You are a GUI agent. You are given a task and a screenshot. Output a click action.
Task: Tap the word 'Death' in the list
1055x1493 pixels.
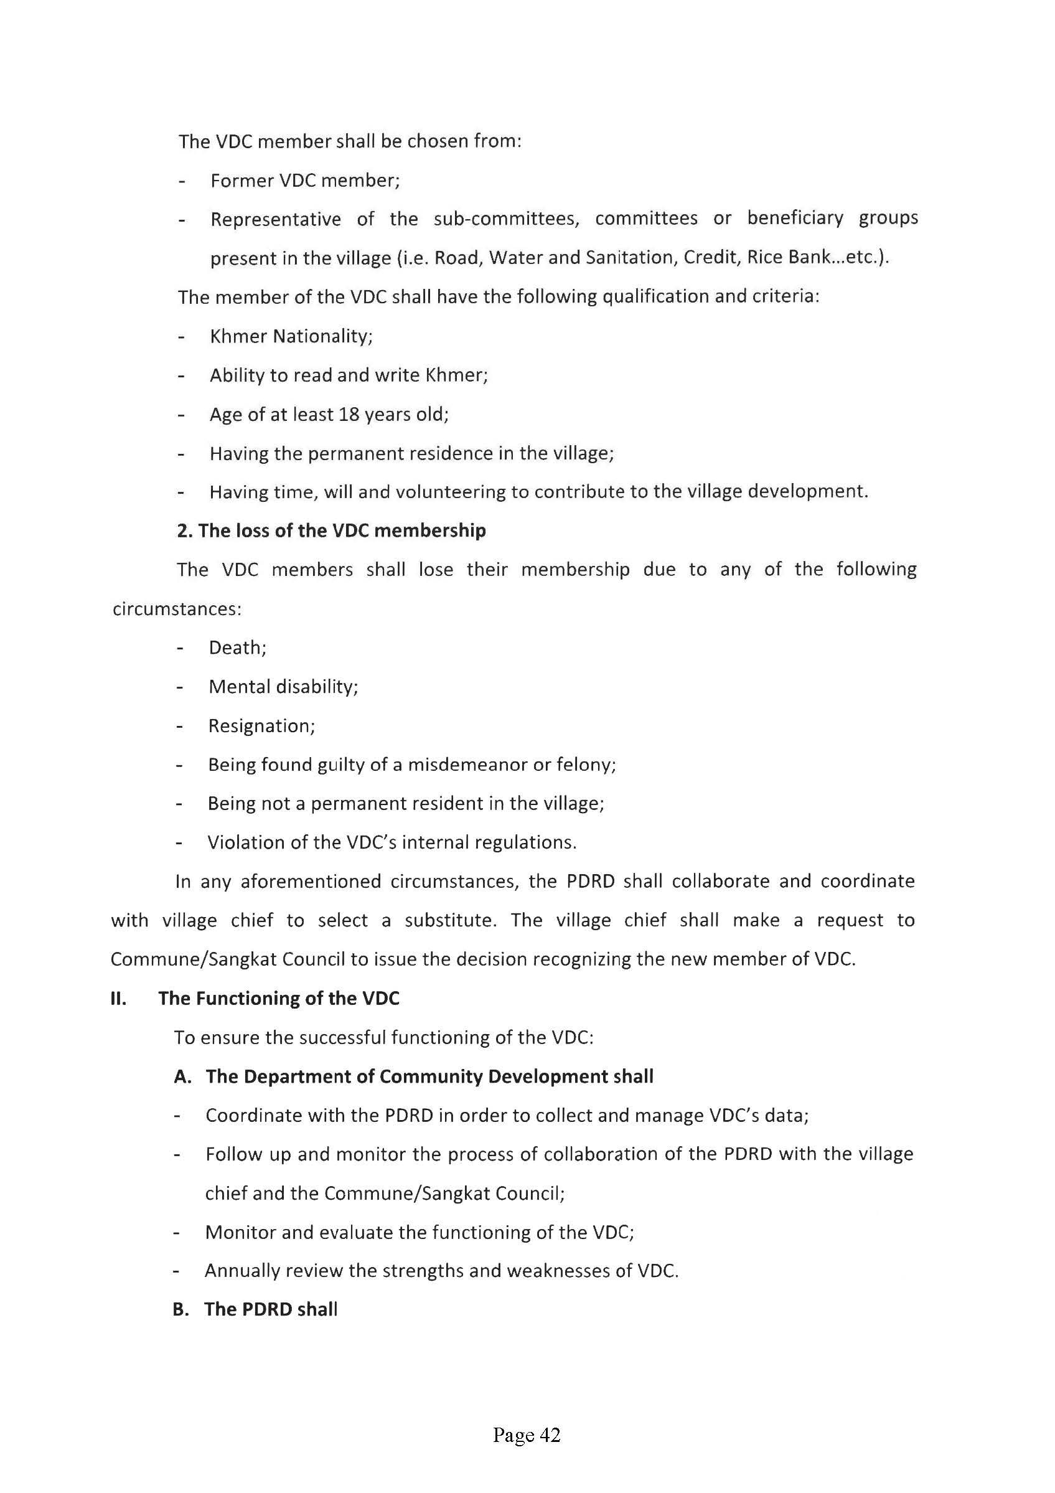(235, 648)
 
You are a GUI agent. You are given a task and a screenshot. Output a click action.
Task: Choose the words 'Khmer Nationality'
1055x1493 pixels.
(289, 336)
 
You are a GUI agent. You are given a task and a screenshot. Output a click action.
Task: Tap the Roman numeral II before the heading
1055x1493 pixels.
(118, 998)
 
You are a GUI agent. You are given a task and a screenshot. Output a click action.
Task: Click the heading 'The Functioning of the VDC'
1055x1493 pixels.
(278, 998)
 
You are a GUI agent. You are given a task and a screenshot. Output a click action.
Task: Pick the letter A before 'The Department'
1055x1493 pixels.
(182, 1077)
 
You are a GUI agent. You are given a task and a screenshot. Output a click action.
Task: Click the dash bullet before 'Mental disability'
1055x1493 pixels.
(179, 687)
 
